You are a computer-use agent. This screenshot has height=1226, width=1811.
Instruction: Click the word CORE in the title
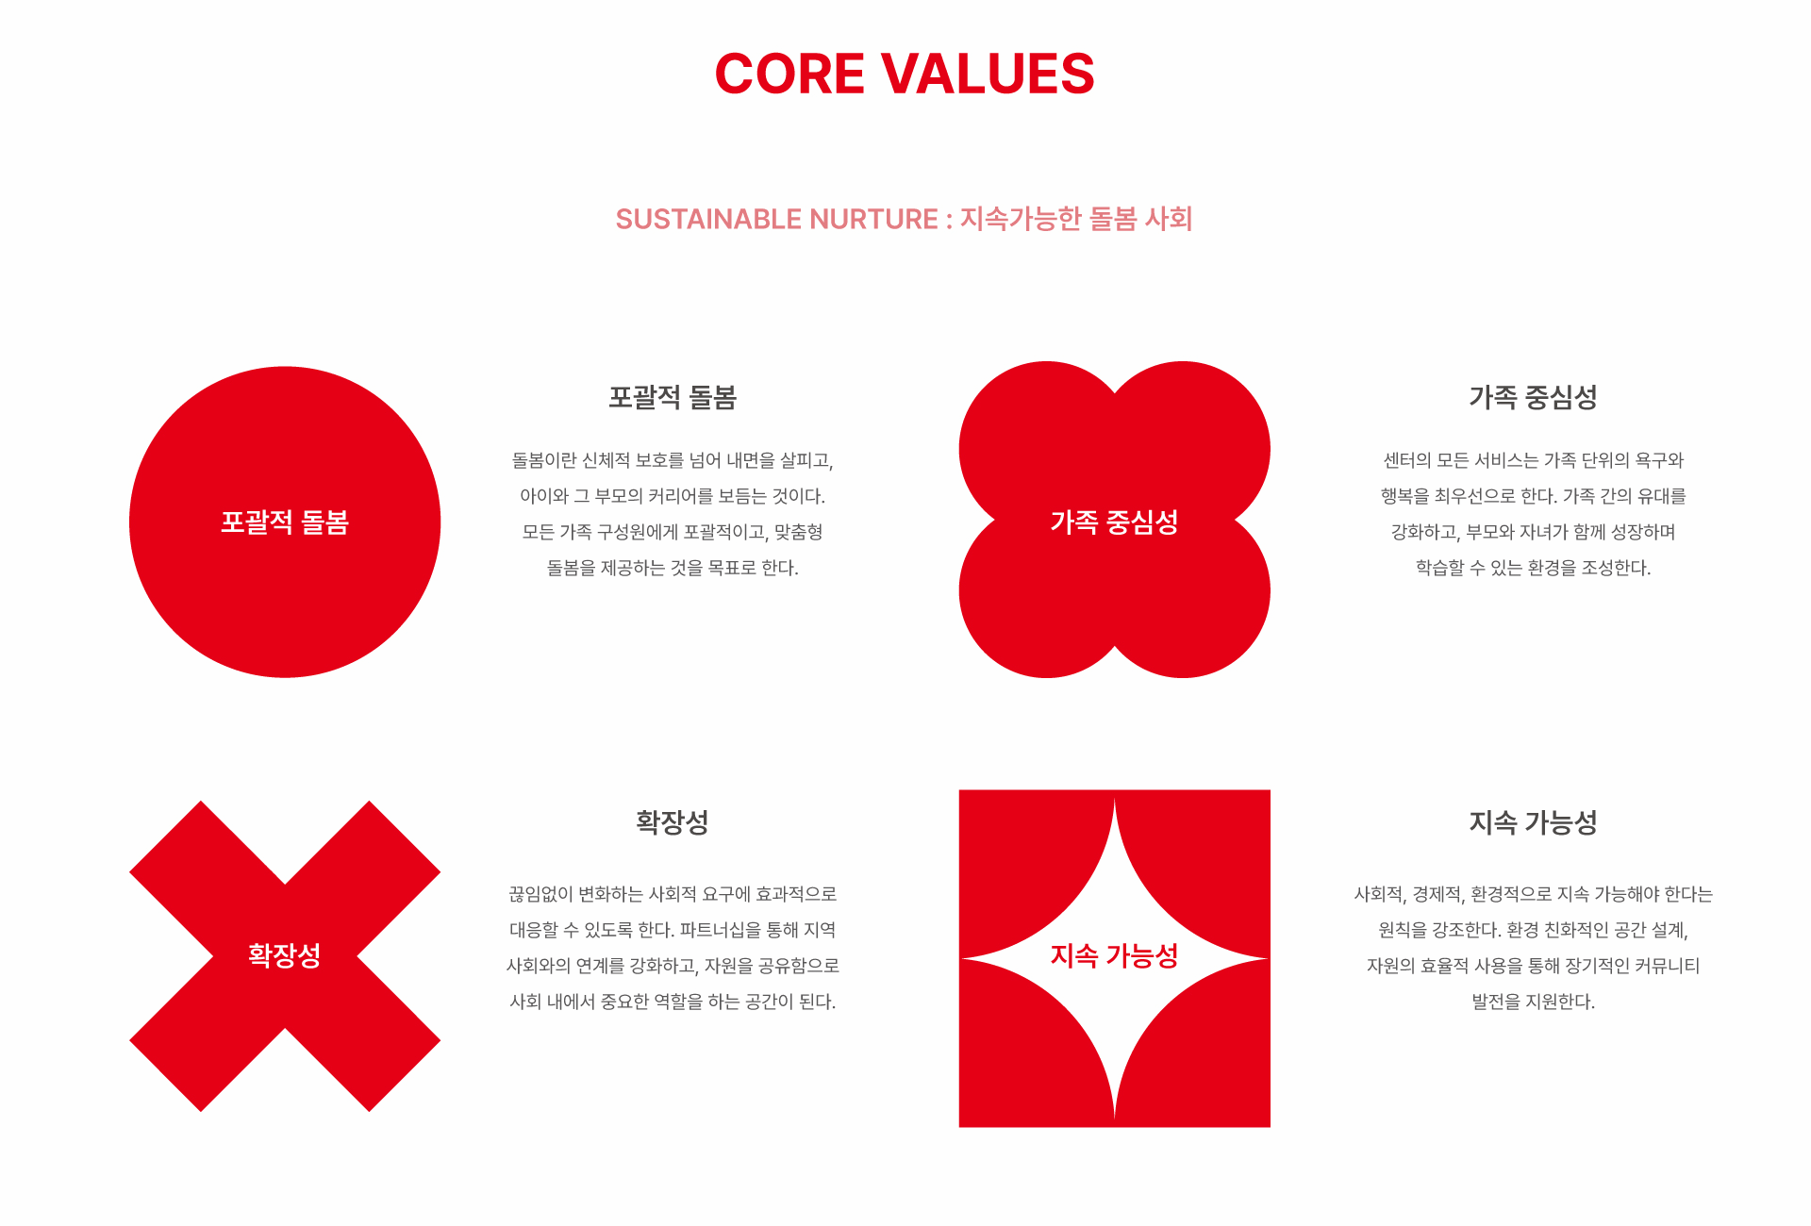pyautogui.click(x=789, y=74)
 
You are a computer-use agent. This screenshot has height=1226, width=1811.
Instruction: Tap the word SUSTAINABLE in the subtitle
pyautogui.click(x=708, y=219)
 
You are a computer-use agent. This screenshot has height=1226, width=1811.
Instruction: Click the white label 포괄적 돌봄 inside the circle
pyautogui.click(x=285, y=522)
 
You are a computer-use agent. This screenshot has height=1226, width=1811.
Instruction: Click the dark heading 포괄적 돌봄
pyautogui.click(x=673, y=397)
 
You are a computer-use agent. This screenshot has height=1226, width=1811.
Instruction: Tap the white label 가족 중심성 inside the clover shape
pyautogui.click(x=1115, y=522)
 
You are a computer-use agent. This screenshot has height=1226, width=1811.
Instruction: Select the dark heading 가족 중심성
pyautogui.click(x=1534, y=397)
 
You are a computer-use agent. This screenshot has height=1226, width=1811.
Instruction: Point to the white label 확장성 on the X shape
pyautogui.click(x=285, y=955)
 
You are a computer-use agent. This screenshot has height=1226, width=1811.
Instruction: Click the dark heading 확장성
pyautogui.click(x=673, y=822)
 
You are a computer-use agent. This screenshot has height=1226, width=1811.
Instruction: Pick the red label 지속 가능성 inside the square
pyautogui.click(x=1115, y=955)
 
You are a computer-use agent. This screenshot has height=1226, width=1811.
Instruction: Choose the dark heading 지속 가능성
pyautogui.click(x=1534, y=822)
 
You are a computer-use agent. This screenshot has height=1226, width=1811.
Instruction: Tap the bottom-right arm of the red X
pyautogui.click(x=368, y=1039)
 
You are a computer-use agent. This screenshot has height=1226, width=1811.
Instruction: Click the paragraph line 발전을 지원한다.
pyautogui.click(x=1534, y=1002)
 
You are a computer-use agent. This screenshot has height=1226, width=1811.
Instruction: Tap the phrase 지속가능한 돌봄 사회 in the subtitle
pyautogui.click(x=1076, y=219)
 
